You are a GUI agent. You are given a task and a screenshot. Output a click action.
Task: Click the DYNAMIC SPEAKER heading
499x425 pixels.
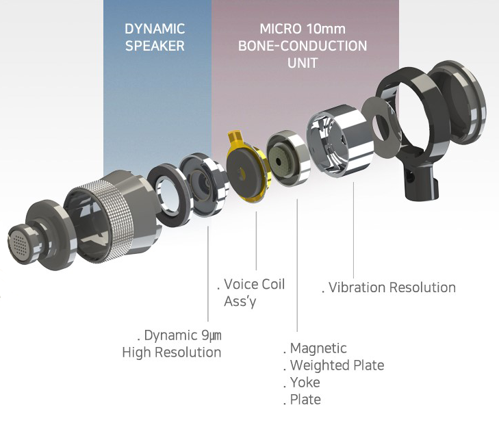click(155, 38)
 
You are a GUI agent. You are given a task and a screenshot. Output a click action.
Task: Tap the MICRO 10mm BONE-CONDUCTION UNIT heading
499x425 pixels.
click(302, 46)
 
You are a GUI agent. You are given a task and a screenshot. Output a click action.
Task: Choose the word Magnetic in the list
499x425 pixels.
click(318, 348)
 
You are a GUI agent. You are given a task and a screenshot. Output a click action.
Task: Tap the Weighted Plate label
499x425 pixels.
click(336, 365)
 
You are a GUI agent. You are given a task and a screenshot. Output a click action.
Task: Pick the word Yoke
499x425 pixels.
click(305, 383)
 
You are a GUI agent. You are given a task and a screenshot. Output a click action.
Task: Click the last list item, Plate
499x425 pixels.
click(305, 400)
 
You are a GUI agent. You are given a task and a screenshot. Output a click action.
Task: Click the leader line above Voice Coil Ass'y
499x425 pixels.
click(256, 240)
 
